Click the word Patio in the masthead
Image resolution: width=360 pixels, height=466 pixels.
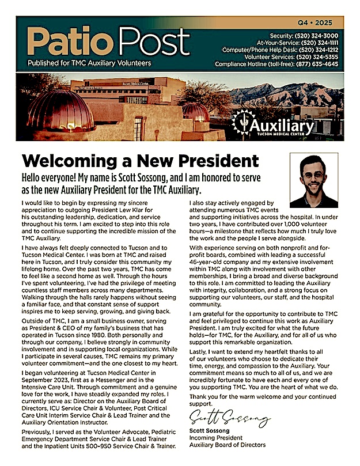pos(63,42)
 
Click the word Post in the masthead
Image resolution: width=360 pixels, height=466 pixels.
pos(154,42)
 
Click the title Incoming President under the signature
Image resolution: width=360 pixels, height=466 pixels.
pos(219,437)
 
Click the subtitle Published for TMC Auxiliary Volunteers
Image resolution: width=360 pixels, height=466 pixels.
pos(90,63)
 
